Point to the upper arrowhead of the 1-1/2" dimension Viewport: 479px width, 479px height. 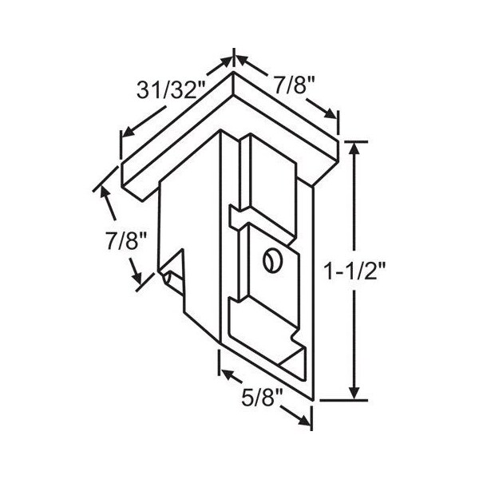pyautogui.click(x=354, y=148)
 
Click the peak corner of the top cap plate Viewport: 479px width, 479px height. pyautogui.click(x=233, y=76)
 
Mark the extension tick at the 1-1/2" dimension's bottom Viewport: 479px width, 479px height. pyautogui.click(x=355, y=398)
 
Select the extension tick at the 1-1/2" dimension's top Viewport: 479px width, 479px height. pyautogui.click(x=355, y=141)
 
